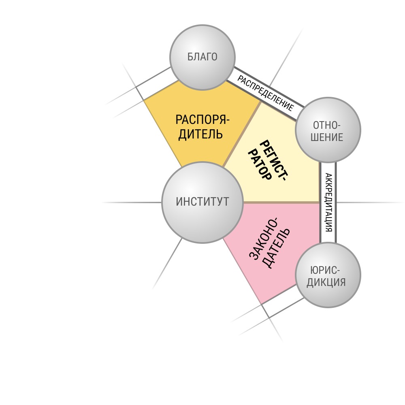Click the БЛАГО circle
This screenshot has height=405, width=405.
[202, 58]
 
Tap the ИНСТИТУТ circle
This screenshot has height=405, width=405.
[202, 202]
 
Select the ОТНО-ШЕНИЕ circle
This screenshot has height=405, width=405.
[328, 130]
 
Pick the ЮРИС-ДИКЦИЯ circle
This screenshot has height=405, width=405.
[328, 275]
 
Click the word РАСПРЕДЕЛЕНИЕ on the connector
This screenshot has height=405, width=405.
[266, 93]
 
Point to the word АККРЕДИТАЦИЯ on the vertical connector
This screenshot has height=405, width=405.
[328, 202]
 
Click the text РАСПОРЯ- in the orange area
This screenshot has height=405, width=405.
[202, 119]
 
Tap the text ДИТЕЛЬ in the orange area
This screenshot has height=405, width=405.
[200, 134]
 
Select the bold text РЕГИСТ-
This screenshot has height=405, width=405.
[274, 161]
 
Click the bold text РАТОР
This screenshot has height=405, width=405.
[260, 165]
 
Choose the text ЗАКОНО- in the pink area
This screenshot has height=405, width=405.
[263, 239]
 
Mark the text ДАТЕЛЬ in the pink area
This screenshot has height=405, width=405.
[276, 249]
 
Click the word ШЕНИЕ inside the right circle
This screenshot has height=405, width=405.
[327, 137]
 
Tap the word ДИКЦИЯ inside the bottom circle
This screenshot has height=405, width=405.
[326, 282]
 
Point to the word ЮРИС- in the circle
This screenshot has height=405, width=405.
[325, 271]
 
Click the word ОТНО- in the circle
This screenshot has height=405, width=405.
[327, 125]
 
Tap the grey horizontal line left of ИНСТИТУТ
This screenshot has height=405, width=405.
[132, 202]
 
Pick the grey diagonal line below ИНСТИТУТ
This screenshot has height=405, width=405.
[167, 264]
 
